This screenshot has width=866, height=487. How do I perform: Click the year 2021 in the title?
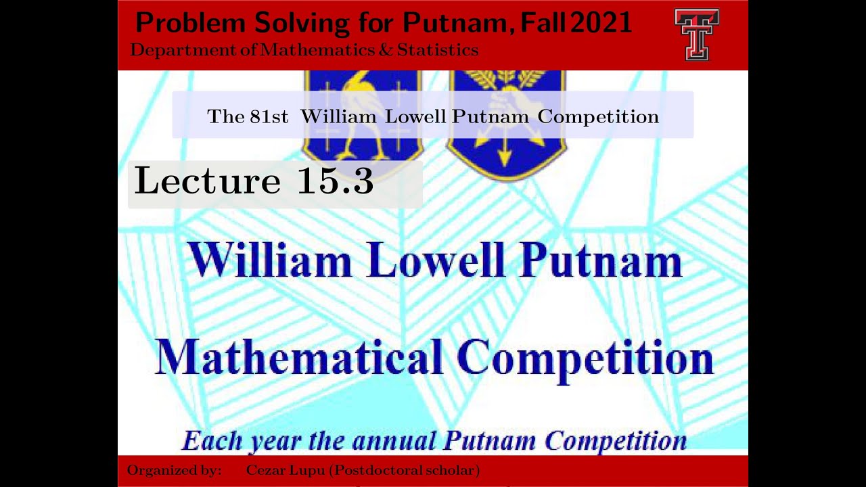[x=601, y=23]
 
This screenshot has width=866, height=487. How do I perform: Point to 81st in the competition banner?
[x=269, y=116]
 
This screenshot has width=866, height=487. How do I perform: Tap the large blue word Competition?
[x=585, y=358]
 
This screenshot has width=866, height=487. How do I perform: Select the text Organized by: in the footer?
[x=174, y=470]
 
